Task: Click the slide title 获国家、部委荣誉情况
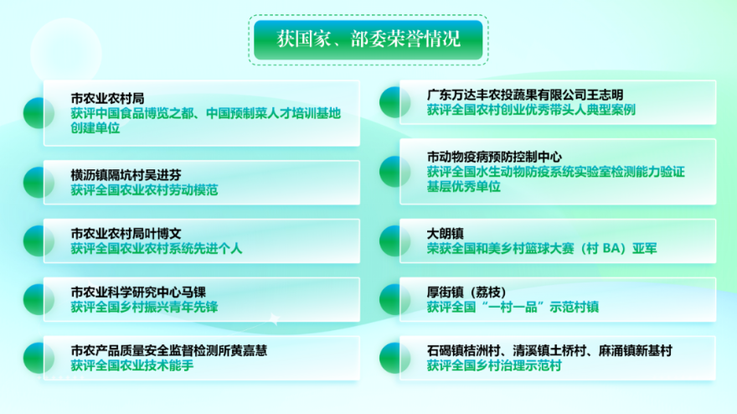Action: [x=368, y=39]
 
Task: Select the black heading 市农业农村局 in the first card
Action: [x=108, y=98]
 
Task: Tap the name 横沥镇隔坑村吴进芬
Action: [x=126, y=175]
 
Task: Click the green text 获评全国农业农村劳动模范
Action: [x=144, y=190]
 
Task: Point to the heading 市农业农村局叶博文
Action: [x=126, y=233]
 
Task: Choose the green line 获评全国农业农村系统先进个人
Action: [x=157, y=248]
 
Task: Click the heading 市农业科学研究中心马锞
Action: [x=138, y=292]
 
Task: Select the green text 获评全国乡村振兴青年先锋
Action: [x=144, y=308]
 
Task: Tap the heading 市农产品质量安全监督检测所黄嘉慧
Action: [x=169, y=350]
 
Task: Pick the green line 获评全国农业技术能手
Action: [x=132, y=365]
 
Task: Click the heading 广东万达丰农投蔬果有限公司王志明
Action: [x=525, y=95]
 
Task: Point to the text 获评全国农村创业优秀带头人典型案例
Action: [x=531, y=110]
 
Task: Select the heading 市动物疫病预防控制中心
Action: [x=494, y=157]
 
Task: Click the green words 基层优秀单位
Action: [x=463, y=187]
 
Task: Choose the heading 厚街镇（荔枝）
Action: [x=466, y=292]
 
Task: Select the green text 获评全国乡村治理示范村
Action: [x=494, y=365]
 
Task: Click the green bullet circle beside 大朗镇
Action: [x=394, y=241]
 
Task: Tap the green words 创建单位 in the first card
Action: [x=95, y=128]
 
